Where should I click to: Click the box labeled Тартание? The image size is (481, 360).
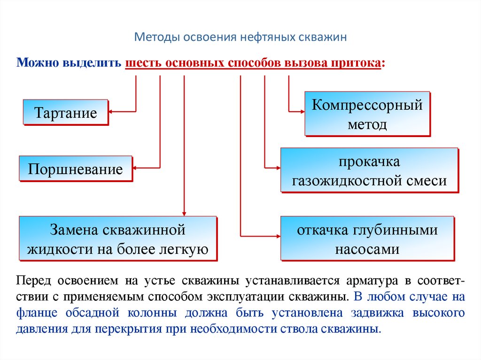pos(65,112)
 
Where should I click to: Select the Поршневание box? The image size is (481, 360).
pos(75,169)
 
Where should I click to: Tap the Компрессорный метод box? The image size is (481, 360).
pos(367,114)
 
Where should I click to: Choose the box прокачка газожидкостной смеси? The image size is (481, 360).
pos(369,170)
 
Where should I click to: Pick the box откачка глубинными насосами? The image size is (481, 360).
pos(367,238)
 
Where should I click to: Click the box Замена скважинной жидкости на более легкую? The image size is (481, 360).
pos(117,238)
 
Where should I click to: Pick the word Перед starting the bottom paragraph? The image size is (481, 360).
pos(34,281)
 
